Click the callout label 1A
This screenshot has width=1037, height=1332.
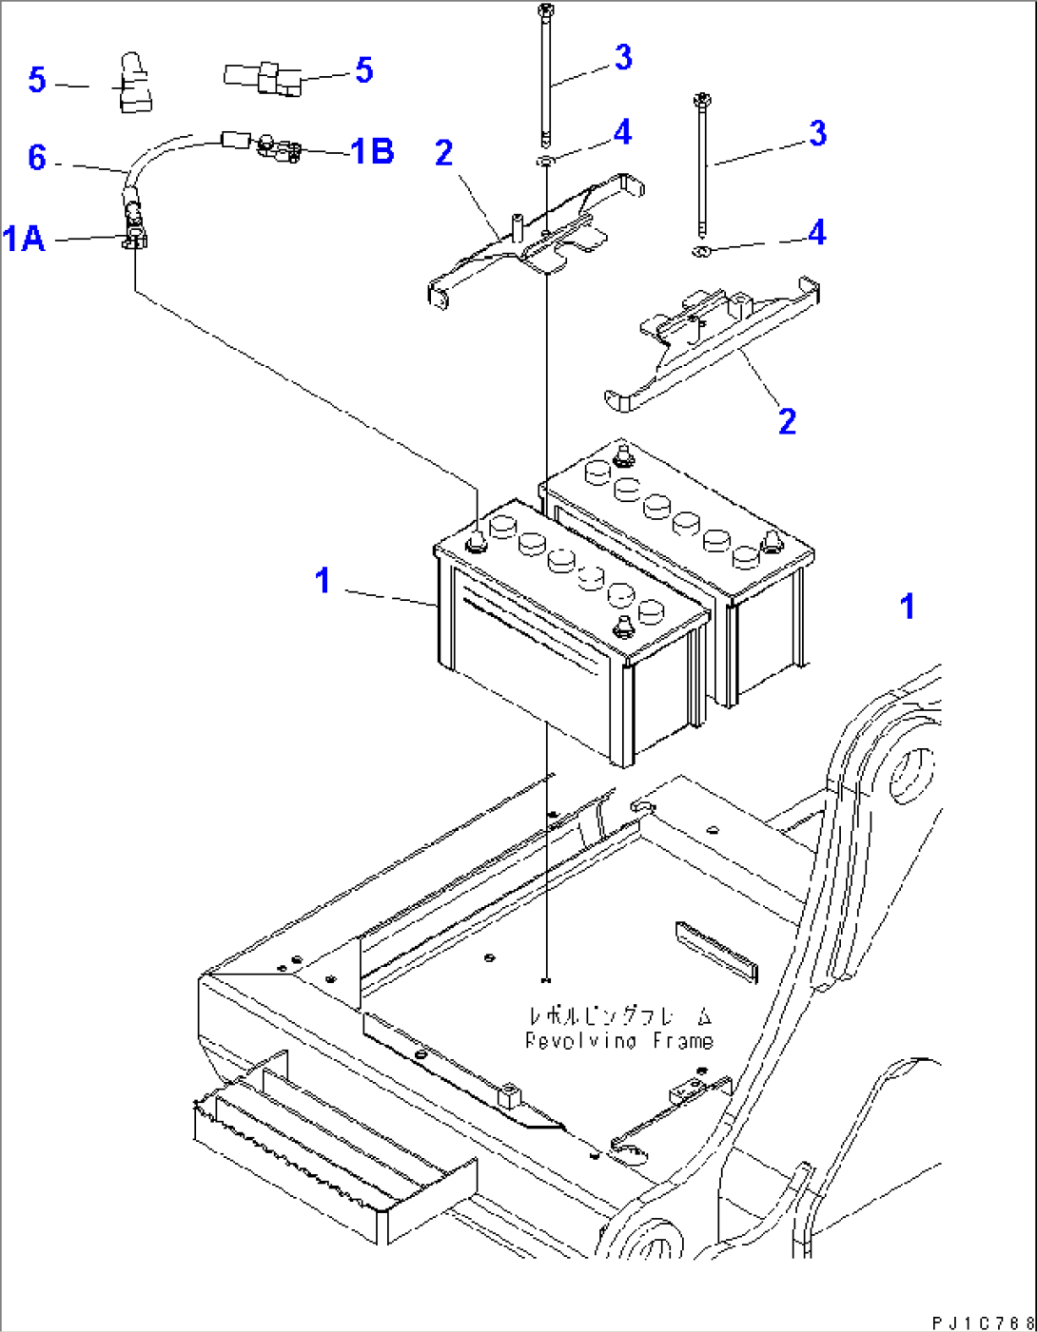pos(24,238)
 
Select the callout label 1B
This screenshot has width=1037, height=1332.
pos(372,151)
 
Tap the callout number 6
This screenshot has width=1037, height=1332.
pos(36,157)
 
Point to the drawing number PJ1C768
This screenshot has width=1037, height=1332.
pos(981,1322)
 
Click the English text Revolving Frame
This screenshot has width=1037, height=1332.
pos(619,1041)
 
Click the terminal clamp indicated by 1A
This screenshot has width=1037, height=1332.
pos(134,238)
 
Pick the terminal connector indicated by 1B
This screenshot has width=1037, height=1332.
pos(278,147)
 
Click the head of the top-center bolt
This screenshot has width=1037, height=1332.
pos(544,10)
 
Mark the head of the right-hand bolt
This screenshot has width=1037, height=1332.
pos(700,98)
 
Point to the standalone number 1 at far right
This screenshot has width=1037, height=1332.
pos(907,607)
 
